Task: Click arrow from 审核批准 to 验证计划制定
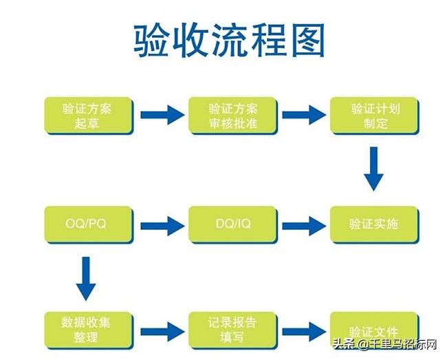(303, 114)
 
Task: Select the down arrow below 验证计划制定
(373, 168)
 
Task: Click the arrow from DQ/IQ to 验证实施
(303, 224)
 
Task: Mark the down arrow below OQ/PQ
(85, 277)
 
